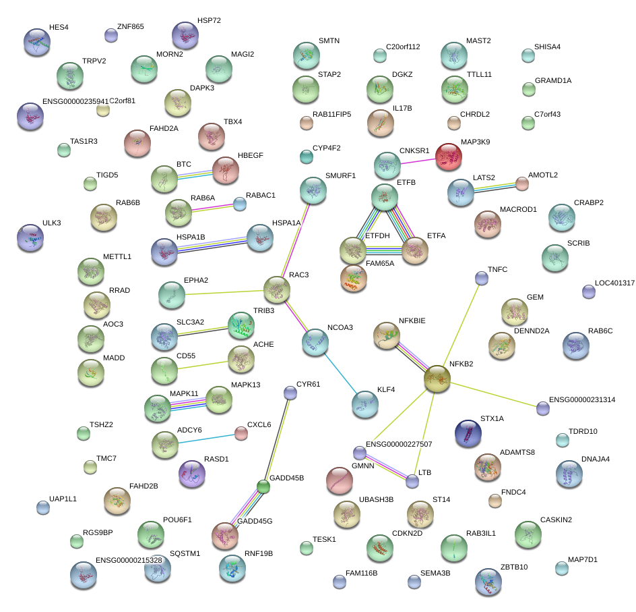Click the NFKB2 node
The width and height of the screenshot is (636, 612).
coord(437,379)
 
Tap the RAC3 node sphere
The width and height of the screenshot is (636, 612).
coord(276,289)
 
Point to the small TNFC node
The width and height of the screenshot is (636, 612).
coord(481,277)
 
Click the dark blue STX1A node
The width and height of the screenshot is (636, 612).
coord(468,433)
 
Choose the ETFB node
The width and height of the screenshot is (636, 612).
coord(385,196)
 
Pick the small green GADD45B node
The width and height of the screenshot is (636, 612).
coord(263,486)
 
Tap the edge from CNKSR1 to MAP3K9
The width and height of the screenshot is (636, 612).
coord(418,160)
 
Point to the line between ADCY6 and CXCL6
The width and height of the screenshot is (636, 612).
coord(205,438)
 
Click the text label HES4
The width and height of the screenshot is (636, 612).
coord(59,28)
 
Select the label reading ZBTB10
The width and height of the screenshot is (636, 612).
coord(514,567)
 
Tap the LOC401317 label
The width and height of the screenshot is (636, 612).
coord(614,283)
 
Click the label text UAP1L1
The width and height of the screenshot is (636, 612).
coord(63,499)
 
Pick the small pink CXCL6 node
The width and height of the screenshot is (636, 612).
coord(241,433)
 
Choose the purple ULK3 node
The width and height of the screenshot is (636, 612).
coord(30,237)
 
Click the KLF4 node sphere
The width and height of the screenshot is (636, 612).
coord(364,404)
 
